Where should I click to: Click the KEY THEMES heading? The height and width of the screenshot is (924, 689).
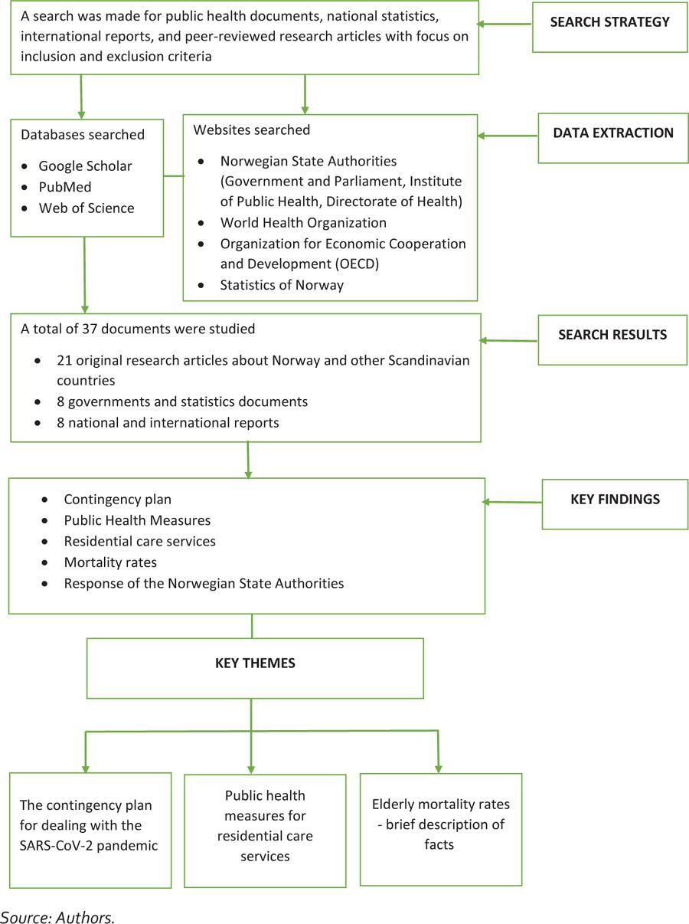click(x=255, y=664)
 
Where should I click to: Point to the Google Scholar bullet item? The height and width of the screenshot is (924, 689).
click(x=86, y=165)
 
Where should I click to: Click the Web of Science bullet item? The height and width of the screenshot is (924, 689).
click(x=86, y=208)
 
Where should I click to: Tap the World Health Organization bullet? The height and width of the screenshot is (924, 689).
click(x=303, y=223)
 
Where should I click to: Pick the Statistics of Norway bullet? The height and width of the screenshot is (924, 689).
click(x=282, y=285)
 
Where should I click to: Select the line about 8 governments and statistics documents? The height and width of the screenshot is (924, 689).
click(x=182, y=401)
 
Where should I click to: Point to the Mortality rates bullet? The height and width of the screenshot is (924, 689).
click(x=110, y=562)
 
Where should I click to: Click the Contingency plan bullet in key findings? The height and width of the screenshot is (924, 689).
click(x=117, y=500)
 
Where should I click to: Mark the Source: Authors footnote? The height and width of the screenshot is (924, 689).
click(x=57, y=916)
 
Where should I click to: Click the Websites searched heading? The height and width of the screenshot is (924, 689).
click(x=251, y=130)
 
